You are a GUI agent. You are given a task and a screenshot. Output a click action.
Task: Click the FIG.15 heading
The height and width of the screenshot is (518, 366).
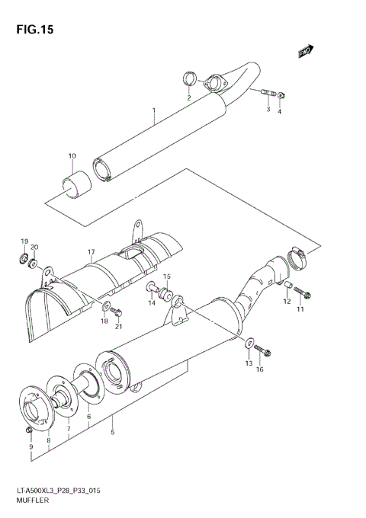coord(32,30)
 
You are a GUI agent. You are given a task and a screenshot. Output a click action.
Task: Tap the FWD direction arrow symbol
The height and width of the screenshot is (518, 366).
coord(306,51)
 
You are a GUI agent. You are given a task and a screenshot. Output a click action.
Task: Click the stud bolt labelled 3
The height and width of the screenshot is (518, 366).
coord(268,94)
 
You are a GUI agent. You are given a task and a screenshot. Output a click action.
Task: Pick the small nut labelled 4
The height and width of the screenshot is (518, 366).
coord(281,94)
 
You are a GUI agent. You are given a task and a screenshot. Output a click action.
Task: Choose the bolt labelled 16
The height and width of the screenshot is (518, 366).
coord(265,351)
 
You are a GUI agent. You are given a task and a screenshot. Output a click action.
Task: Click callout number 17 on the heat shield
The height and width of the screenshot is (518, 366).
coord(90,251)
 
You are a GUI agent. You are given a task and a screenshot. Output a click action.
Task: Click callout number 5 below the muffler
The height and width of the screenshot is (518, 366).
coord(113,433)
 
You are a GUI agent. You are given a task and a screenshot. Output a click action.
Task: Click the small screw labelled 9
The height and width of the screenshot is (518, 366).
coord(28,431)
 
